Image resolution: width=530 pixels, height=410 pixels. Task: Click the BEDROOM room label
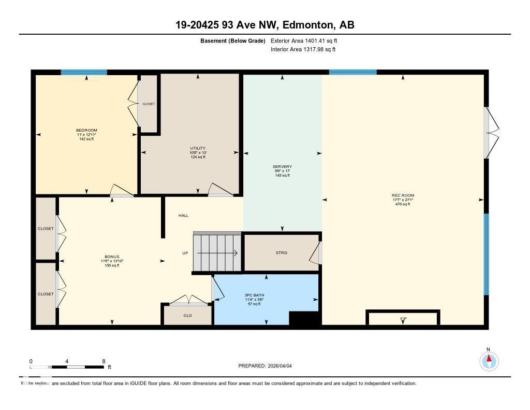click(86, 130)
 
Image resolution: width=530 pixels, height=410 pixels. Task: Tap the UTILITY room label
click(197, 148)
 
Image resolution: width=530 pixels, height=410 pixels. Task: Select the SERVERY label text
click(282, 167)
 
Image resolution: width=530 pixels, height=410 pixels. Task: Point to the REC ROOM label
click(403, 195)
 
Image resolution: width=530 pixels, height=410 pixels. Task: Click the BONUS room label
click(112, 257)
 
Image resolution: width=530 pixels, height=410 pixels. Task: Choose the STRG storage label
click(281, 253)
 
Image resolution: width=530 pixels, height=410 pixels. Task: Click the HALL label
click(183, 216)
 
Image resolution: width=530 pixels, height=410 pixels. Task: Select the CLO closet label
click(187, 315)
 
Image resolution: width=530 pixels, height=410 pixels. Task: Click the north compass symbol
click(489, 360)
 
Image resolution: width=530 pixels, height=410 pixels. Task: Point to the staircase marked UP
click(217, 253)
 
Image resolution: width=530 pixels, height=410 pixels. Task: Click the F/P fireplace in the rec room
click(403, 318)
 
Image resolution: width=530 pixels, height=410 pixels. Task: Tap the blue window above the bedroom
click(84, 73)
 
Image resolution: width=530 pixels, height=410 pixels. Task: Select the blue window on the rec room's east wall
click(486, 254)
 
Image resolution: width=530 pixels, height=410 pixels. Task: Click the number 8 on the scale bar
click(104, 361)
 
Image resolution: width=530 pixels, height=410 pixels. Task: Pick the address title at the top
click(264, 25)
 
